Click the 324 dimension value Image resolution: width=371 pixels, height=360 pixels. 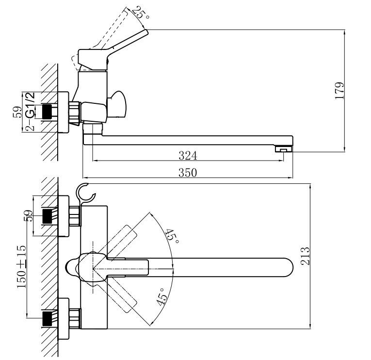(x=188, y=155)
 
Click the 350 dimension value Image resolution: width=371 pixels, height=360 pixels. (x=188, y=172)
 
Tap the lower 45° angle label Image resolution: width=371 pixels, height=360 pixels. (x=161, y=295)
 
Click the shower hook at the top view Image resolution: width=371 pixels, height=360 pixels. (x=85, y=193)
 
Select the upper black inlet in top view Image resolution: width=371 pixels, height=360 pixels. (x=47, y=215)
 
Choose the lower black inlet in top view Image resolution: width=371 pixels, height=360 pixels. (x=47, y=318)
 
